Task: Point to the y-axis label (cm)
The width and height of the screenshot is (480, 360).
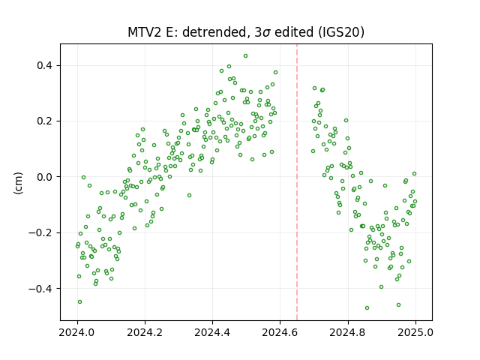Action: (x=18, y=183)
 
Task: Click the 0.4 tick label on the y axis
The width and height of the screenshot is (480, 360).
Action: (x=45, y=65)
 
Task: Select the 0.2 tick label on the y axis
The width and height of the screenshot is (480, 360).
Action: (x=45, y=121)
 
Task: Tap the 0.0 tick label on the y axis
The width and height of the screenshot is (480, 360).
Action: (x=45, y=177)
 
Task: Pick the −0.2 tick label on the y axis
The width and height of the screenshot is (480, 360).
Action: (x=40, y=233)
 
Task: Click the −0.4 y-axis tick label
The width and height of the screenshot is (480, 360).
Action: (x=40, y=289)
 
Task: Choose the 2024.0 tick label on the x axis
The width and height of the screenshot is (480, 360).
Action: (x=77, y=332)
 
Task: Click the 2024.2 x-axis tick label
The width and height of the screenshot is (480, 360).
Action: (x=145, y=332)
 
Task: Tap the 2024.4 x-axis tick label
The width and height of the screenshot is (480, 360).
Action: (x=212, y=332)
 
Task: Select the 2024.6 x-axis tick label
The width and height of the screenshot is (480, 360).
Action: (x=280, y=332)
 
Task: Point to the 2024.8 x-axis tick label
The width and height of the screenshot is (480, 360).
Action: (x=348, y=332)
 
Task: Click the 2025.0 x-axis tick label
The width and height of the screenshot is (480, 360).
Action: (x=415, y=332)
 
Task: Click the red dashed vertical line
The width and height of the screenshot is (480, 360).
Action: (x=297, y=182)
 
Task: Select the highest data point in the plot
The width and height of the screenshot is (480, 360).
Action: (x=245, y=56)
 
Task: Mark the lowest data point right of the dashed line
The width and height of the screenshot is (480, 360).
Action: (x=367, y=308)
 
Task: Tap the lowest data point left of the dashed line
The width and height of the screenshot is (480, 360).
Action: (x=80, y=301)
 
